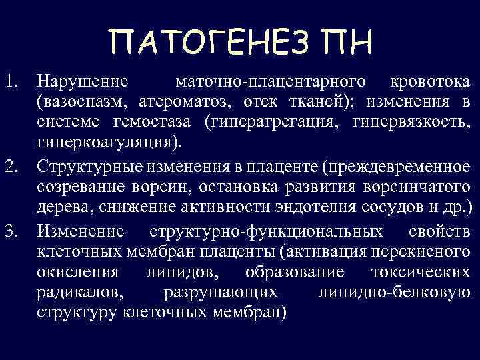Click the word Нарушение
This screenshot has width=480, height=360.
coord(82,82)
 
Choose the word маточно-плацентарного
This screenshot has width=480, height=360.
coord(269,82)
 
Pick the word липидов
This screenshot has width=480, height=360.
coord(181,273)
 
